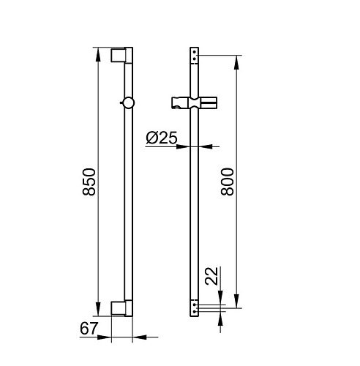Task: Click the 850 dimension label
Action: (x=89, y=182)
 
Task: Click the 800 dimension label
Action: (x=227, y=182)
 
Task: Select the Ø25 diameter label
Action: (x=162, y=138)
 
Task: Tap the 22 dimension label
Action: (x=211, y=276)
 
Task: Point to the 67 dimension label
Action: (x=89, y=329)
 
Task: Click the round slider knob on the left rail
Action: (x=128, y=102)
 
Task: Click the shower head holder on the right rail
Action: (x=195, y=102)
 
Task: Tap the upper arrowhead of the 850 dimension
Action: (x=98, y=54)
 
